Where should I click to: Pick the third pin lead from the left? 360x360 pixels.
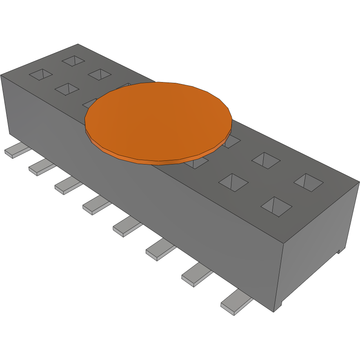coord(67,186)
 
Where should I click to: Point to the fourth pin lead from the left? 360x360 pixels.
coord(95,206)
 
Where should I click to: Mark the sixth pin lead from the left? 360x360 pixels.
coord(159,250)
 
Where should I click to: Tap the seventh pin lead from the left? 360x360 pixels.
coord(195,276)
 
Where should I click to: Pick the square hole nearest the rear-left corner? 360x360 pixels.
coord(73,61)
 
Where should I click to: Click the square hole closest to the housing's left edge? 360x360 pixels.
coord(41,75)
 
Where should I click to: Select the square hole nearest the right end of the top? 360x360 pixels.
coord(309,182)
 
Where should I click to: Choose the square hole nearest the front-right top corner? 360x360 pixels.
coord(276,206)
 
